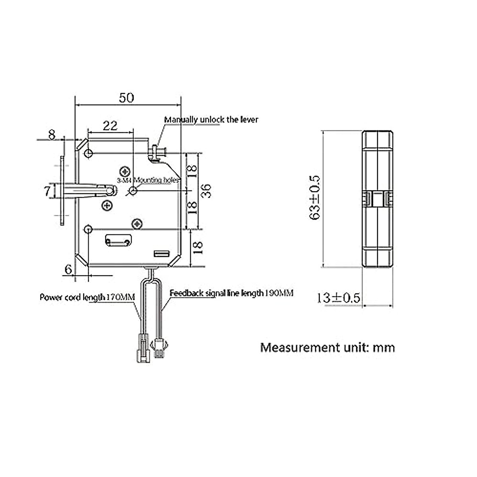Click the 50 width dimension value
126,97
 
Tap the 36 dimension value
206,191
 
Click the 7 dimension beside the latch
47,191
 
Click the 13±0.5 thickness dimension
338,297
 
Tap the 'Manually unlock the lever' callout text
211,119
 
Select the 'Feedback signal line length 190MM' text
231,293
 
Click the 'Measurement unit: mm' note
328,347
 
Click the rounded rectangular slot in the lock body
118,240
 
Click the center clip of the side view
378,198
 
